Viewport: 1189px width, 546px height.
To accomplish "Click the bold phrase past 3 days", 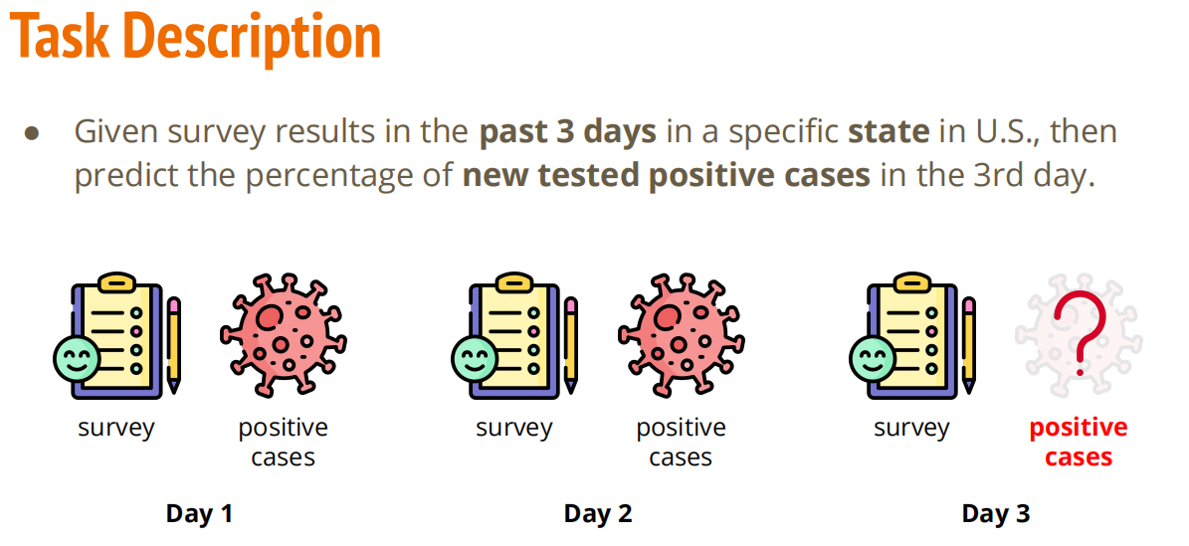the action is coord(567,131).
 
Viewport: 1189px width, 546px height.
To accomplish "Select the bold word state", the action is coord(889,131).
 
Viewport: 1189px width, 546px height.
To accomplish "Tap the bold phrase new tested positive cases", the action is coord(666,175).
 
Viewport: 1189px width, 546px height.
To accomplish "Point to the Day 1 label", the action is coord(199,513).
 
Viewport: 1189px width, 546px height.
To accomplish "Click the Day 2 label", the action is coord(598,513).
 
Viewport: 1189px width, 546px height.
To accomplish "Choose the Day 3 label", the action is coord(996,513).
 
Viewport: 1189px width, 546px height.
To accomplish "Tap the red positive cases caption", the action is coord(1079,443).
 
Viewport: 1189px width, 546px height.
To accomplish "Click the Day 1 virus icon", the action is coord(284,334).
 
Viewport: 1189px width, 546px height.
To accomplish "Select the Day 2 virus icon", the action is coord(681,334).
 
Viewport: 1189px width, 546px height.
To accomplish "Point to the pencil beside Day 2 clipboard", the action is coord(571,344).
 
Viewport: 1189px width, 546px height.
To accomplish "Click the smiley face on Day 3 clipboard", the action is coord(872,359).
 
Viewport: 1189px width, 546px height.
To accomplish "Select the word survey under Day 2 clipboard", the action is coord(514,429).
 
